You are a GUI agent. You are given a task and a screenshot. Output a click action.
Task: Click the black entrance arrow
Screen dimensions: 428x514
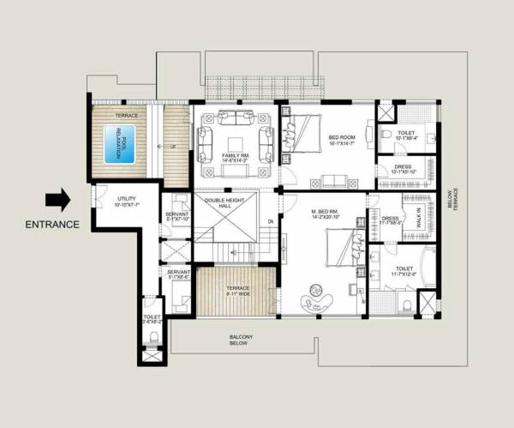tap(59, 200)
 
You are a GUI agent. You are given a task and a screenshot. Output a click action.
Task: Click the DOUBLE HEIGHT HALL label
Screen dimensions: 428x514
tap(224, 203)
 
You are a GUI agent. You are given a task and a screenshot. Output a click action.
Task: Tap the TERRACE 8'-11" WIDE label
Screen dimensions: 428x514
tap(237, 291)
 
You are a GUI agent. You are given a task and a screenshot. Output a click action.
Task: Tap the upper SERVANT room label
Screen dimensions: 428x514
tap(177, 215)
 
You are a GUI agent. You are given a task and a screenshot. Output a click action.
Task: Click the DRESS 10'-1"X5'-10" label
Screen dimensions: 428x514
tap(403, 169)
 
